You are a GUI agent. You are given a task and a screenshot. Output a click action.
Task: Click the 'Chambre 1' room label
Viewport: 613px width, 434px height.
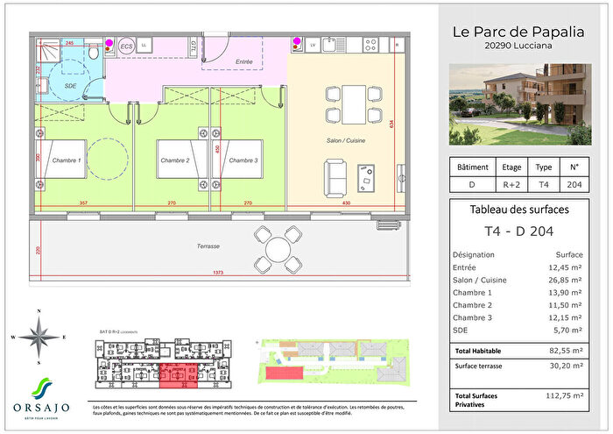67,160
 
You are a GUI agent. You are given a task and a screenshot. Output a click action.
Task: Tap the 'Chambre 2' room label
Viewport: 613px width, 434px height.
175,160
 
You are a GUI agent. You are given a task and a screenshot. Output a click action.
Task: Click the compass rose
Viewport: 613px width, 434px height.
39,337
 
